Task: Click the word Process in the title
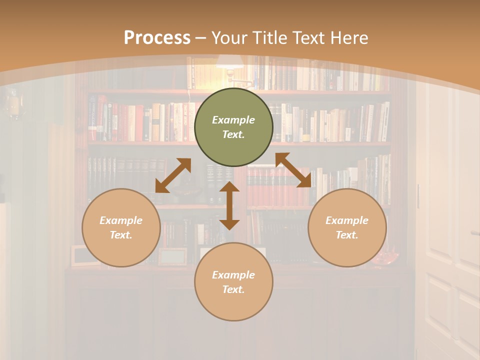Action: coord(157,38)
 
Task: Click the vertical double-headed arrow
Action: coord(229,205)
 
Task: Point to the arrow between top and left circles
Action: coord(173,175)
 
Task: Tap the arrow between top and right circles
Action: coord(293,170)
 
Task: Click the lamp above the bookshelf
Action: coord(229,62)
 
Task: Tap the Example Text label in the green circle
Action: coord(233,127)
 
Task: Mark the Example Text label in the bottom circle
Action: coord(233,282)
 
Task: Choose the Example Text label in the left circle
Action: coord(121,227)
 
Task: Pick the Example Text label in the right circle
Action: coord(347,227)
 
